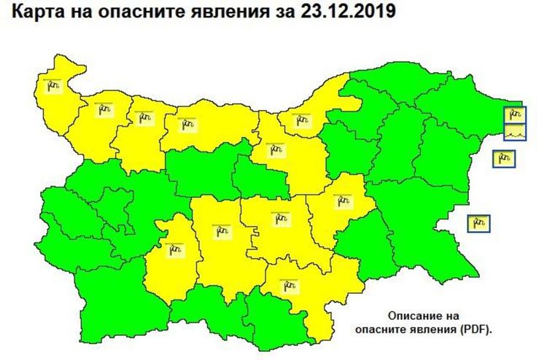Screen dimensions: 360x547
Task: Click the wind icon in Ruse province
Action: click(298, 120)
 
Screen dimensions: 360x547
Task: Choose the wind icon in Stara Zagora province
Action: click(280, 217)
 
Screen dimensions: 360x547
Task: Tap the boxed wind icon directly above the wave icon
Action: click(516, 114)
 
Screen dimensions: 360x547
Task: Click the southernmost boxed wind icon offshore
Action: click(479, 222)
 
